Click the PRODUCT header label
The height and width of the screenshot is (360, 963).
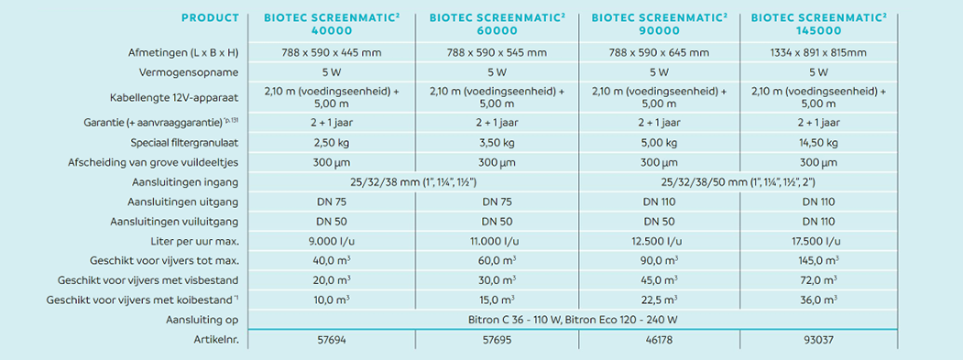210,17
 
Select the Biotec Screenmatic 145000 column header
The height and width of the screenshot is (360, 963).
818,24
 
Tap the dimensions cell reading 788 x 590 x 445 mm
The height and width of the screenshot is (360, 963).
332,53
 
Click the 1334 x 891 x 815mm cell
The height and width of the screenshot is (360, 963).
818,53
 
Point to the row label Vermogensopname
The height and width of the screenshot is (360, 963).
199,72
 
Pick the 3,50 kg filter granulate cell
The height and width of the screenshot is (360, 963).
497,143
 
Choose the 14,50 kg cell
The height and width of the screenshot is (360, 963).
818,143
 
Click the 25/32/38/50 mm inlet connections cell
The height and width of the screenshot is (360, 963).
739,182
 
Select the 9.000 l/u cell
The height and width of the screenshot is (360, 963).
332,241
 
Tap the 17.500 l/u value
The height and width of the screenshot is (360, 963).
818,241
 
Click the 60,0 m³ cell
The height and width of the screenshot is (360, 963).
497,260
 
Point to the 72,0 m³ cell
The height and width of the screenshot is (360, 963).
818,280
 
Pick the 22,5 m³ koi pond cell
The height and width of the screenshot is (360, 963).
659,300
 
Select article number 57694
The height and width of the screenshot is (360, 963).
332,339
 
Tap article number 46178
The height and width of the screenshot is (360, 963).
659,339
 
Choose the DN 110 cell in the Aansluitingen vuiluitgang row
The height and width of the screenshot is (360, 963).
818,221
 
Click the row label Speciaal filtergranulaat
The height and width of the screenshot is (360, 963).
185,143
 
